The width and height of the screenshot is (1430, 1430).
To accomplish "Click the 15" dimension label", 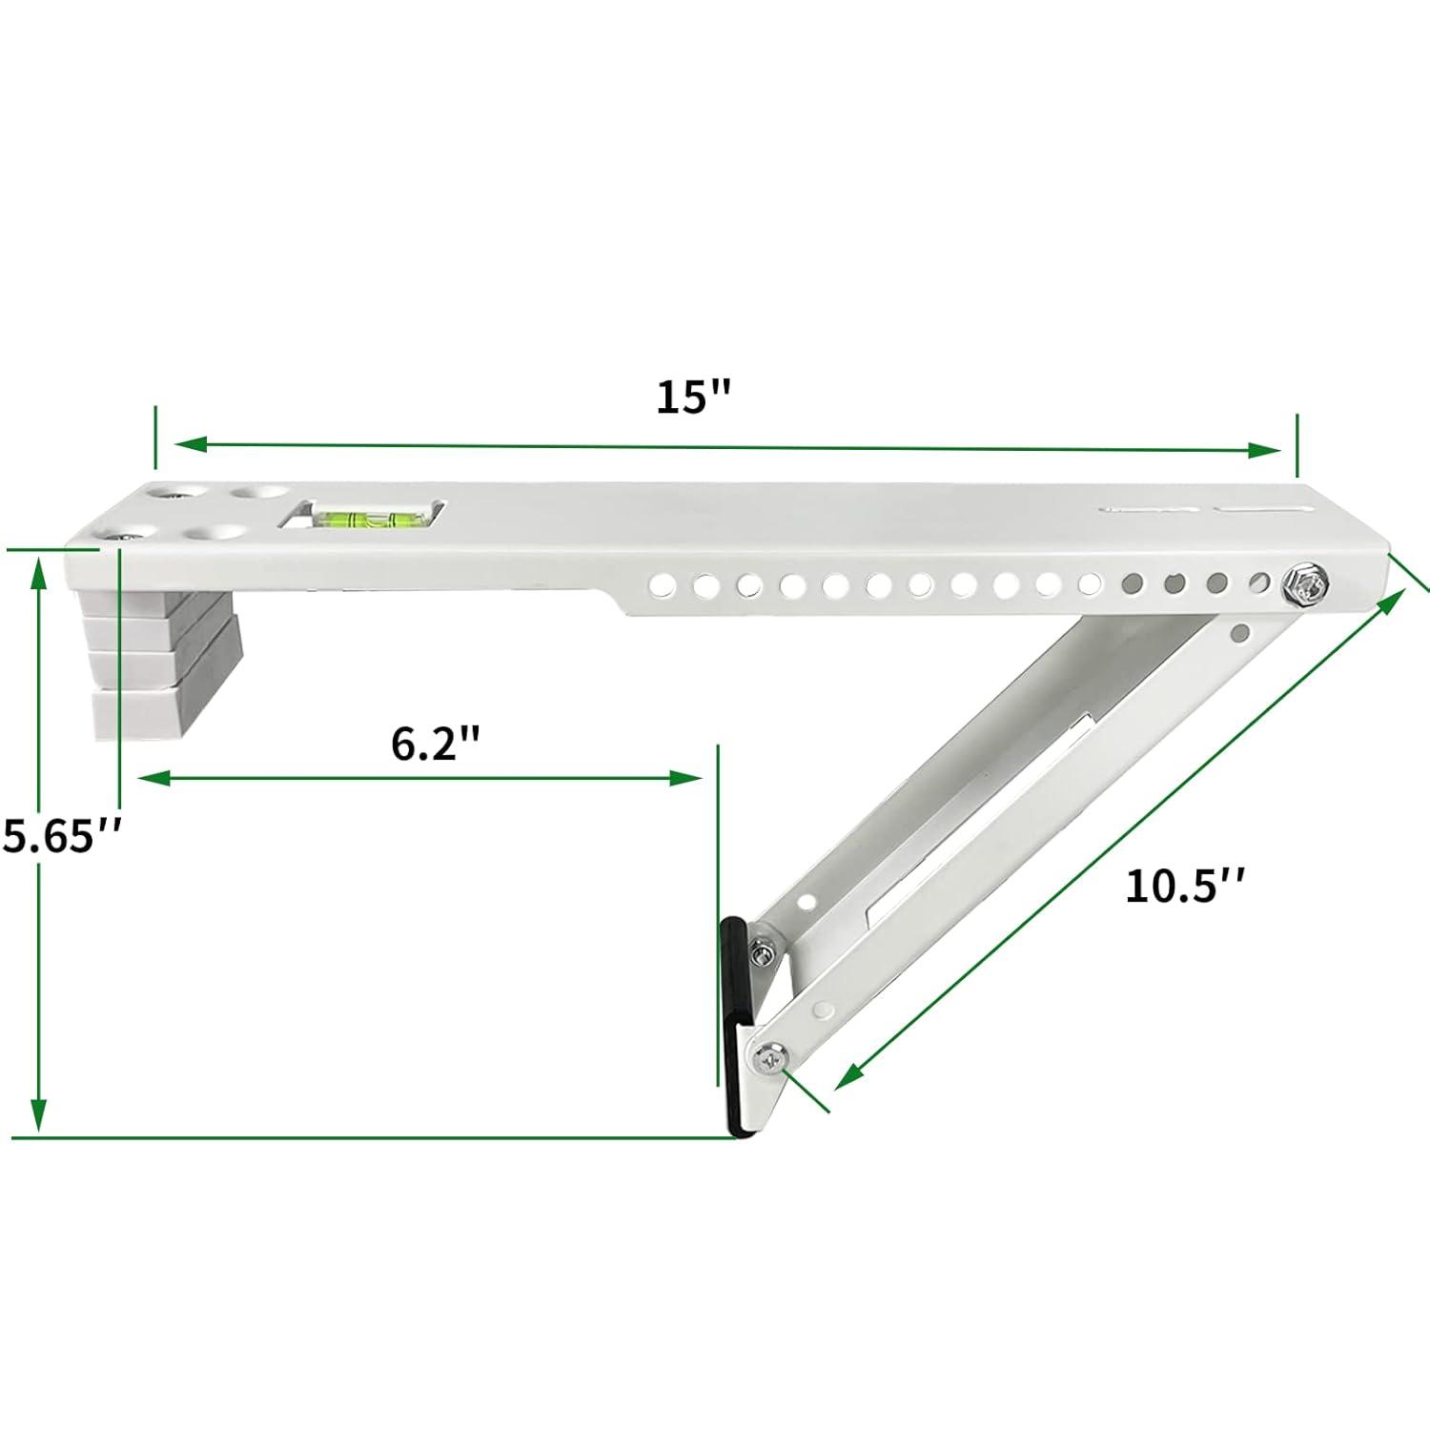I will [693, 397].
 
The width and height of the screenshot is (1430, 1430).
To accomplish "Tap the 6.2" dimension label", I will [434, 744].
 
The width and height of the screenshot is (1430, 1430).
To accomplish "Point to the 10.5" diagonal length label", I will [1185, 887].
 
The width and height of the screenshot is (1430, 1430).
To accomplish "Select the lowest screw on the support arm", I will [768, 1055].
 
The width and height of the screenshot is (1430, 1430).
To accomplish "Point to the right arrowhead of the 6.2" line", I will [686, 779].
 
